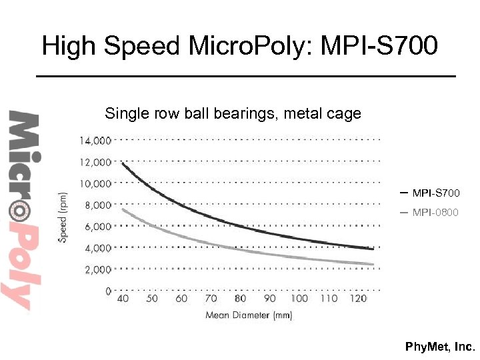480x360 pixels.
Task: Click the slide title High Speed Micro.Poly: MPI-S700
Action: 240,47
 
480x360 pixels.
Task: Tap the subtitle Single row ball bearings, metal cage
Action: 233,114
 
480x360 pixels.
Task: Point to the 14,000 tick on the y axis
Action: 95,141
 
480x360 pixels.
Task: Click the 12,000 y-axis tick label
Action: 95,162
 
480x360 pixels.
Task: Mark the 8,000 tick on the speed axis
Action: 98,205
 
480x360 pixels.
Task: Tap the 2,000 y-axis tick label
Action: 98,269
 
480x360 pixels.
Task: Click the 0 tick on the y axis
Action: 108,291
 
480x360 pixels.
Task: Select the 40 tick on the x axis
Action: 123,299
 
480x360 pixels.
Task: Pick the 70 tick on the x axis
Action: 211,299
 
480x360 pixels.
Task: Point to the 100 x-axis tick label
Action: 299,299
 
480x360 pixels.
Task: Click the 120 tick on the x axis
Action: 358,299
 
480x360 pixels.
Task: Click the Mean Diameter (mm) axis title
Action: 249,315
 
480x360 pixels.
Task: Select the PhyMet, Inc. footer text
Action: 441,347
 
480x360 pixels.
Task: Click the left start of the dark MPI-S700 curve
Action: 123,163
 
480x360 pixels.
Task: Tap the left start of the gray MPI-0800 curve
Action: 123,210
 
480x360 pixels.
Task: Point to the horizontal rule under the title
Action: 245,77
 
